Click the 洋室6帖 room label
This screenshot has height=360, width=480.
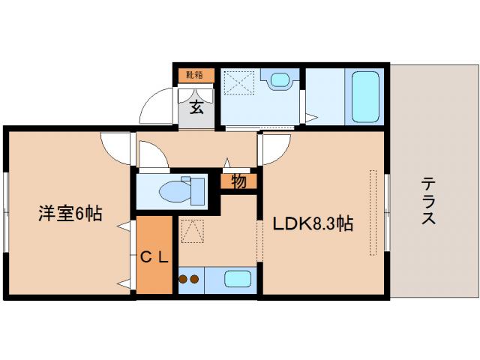pyautogui.click(x=70, y=214)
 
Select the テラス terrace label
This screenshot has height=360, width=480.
pyautogui.click(x=429, y=201)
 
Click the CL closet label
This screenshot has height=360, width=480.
pyautogui.click(x=156, y=257)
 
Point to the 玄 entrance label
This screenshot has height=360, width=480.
pyautogui.click(x=196, y=107)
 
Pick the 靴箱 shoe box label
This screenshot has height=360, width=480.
pyautogui.click(x=195, y=75)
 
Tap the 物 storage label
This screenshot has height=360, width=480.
pyautogui.click(x=238, y=181)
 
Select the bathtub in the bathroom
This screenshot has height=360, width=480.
pyautogui.click(x=365, y=97)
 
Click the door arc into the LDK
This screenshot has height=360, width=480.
pyautogui.click(x=272, y=150)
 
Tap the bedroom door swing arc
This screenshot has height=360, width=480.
pyautogui.click(x=116, y=146)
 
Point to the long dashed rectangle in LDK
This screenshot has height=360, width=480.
pyautogui.click(x=373, y=212)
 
